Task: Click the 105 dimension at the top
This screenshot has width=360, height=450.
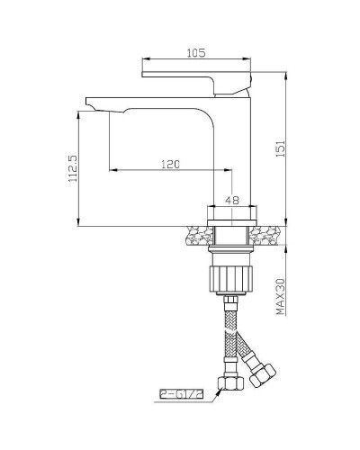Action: pyautogui.click(x=195, y=52)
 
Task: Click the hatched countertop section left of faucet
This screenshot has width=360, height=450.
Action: pyautogui.click(x=195, y=236)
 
